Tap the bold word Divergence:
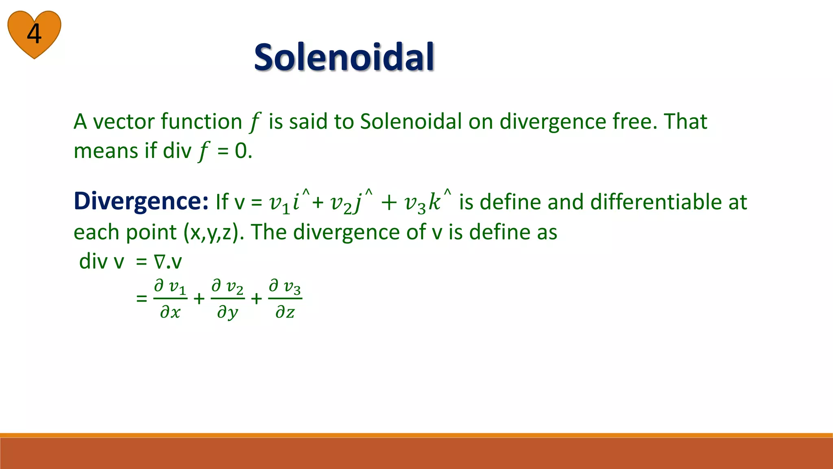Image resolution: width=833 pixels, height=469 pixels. coord(141,201)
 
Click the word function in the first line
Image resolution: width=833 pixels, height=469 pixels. coord(202,121)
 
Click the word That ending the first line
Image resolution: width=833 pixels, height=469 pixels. coord(685,121)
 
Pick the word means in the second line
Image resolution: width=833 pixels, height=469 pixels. coord(106,151)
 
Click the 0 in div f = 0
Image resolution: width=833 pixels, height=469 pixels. coord(241,151)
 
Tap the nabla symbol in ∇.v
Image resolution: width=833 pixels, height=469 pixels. coord(159,262)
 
